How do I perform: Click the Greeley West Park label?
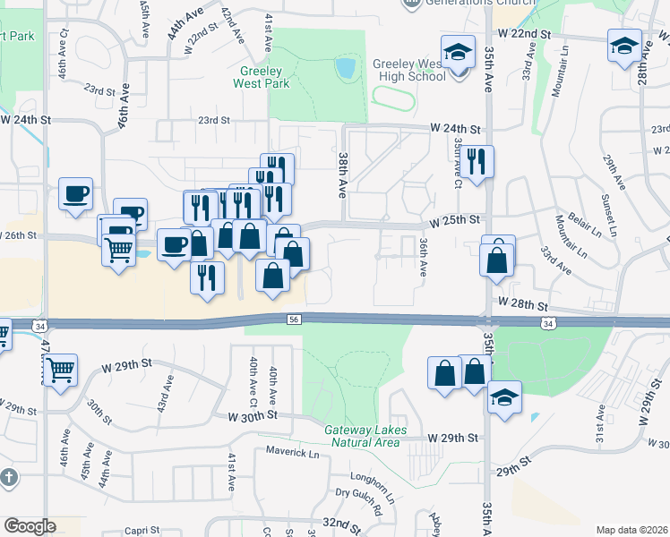[x=262, y=77]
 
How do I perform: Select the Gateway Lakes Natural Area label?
[x=365, y=436]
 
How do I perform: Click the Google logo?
[x=30, y=526]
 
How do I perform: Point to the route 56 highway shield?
[x=294, y=319]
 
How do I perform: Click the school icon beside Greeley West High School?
[x=457, y=51]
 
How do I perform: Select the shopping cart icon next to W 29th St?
[x=60, y=369]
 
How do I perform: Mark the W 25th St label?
[x=456, y=220]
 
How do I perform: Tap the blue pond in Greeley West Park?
[x=344, y=67]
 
